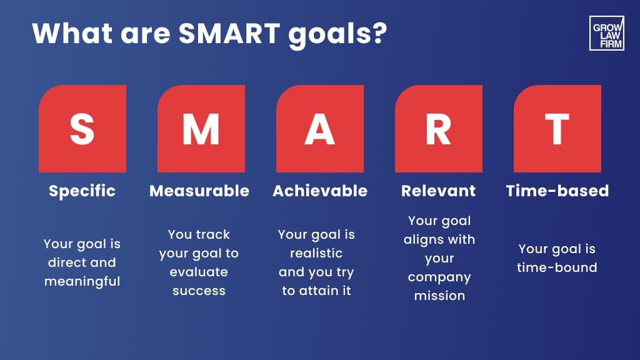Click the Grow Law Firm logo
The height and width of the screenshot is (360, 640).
[606, 33]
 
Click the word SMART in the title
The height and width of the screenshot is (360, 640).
[229, 33]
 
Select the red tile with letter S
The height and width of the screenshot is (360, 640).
[82, 129]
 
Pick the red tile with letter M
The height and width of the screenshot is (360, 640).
[201, 129]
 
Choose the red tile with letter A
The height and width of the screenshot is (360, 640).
[320, 129]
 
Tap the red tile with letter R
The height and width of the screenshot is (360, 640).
[439, 129]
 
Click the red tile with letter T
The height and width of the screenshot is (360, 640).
[557, 129]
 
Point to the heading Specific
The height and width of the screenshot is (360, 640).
[82, 191]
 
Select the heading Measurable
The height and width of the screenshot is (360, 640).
[199, 191]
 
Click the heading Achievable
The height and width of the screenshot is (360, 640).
[320, 191]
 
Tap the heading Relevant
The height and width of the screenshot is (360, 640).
[438, 191]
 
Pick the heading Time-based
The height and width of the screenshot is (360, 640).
[557, 191]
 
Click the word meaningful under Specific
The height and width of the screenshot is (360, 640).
[82, 282]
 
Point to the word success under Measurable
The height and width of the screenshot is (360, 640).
[199, 291]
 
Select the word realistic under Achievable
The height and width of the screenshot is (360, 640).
[316, 253]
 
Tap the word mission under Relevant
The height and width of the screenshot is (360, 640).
[439, 295]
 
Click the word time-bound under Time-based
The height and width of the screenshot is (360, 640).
[557, 267]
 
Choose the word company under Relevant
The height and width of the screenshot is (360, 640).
[439, 277]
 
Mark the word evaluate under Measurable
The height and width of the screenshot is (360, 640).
[199, 272]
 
